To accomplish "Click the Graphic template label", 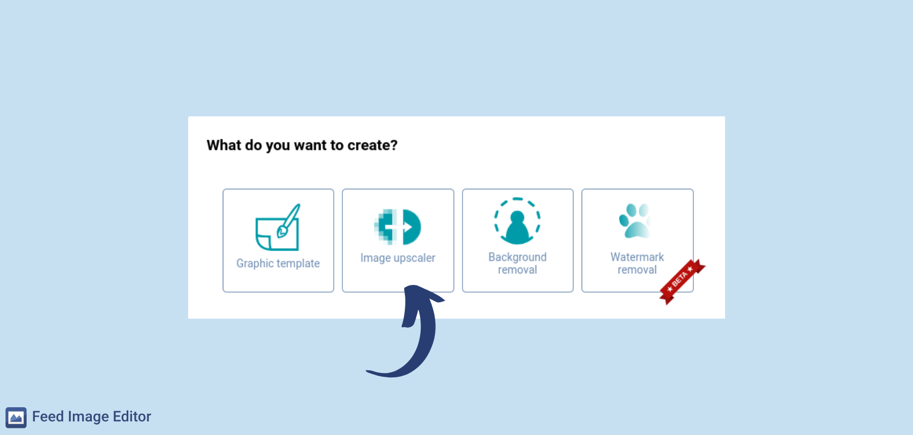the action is (x=278, y=263).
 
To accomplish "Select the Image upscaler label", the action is (x=398, y=258).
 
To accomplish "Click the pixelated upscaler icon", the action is (x=397, y=227).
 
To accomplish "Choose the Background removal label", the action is (x=517, y=263).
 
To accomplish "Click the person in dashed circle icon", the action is (x=517, y=221).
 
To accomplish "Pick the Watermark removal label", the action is (x=637, y=263).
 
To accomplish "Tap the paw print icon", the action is (x=634, y=221).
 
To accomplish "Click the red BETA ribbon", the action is (x=682, y=282).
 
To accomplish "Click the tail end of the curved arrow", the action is (x=367, y=371).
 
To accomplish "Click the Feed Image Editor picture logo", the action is (x=16, y=418).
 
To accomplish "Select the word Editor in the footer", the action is (x=132, y=417).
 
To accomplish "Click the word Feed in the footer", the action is (x=48, y=417).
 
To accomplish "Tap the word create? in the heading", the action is (x=372, y=145).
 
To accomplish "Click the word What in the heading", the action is (x=223, y=145).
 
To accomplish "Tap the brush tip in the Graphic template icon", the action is (x=282, y=232).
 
